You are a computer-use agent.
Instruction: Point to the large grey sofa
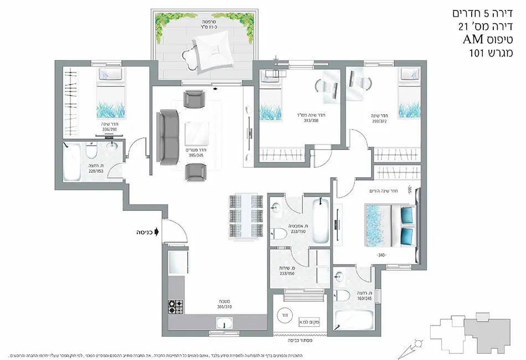pos(168,137)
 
